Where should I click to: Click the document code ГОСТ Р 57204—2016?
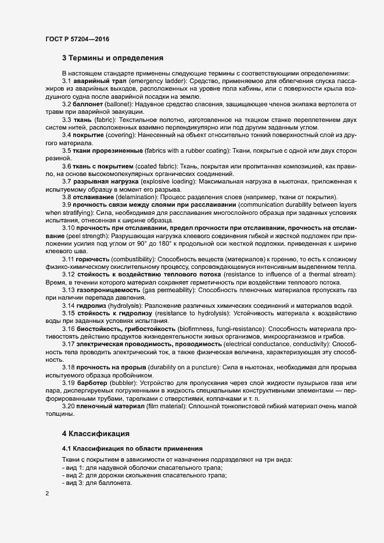pos(77,39)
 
